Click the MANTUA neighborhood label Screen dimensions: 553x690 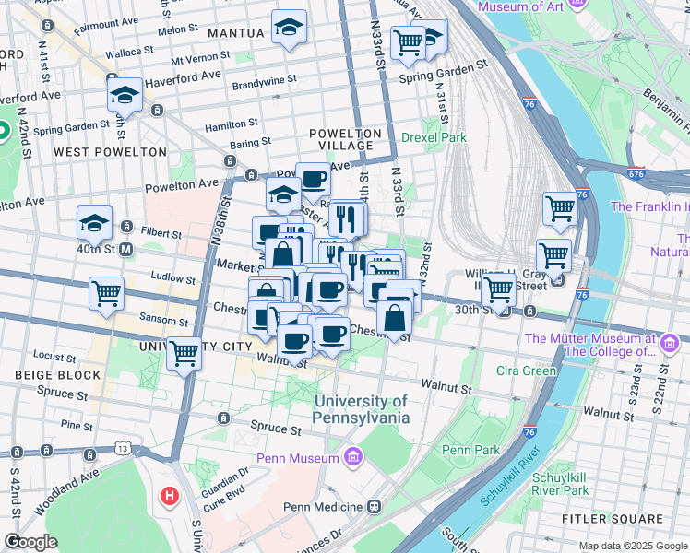[x=236, y=33]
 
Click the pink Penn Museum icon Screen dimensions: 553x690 [x=351, y=456]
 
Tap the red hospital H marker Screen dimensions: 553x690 [x=170, y=497]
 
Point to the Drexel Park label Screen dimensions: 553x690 [x=434, y=137]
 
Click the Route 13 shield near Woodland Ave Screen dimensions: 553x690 [x=123, y=448]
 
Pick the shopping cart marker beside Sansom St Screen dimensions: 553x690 [x=107, y=294]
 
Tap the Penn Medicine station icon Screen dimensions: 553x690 [x=375, y=507]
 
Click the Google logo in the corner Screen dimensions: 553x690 [x=30, y=542]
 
